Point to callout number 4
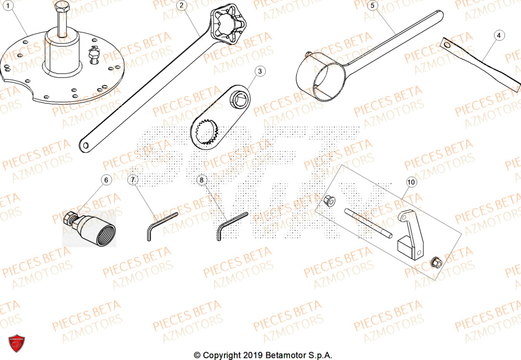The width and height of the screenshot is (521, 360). tap(499, 35)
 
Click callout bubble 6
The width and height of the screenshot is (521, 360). tap(106, 180)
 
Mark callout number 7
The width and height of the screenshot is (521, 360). tap(133, 180)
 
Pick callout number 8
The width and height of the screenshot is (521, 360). tap(202, 180)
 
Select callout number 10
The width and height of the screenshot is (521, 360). tap(411, 182)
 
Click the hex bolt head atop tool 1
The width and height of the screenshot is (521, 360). tap(61, 8)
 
